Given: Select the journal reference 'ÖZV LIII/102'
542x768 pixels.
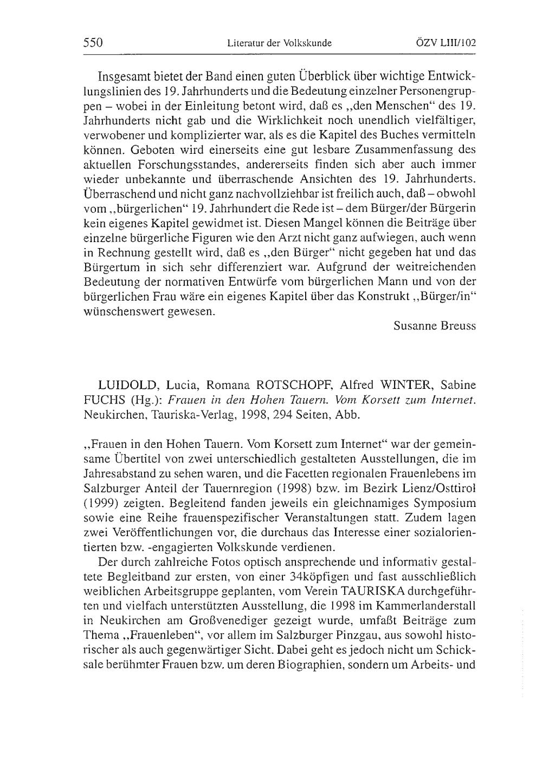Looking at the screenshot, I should (443, 43).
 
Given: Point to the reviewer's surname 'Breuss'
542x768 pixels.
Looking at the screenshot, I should (459, 326).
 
